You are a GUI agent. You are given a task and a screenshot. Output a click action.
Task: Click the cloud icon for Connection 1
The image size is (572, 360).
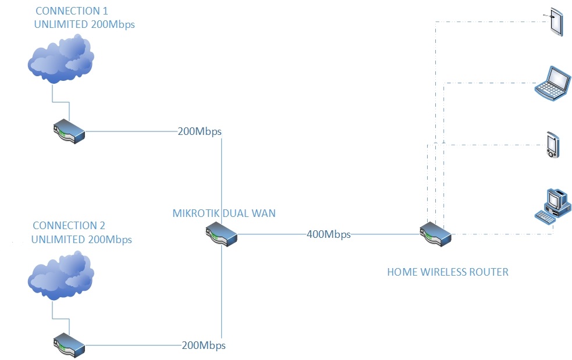(61, 60)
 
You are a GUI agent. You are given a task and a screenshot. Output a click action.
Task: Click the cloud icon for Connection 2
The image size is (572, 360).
(61, 276)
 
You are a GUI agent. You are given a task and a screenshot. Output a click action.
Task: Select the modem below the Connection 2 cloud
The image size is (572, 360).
(69, 345)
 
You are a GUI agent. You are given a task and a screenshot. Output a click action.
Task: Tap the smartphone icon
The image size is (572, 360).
(552, 145)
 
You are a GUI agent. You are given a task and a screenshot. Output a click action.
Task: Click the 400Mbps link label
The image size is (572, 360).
(329, 234)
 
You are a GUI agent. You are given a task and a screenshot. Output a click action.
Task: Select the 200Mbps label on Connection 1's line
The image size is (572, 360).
(200, 131)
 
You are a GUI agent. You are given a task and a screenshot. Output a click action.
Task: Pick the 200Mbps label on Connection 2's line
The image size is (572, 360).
(203, 345)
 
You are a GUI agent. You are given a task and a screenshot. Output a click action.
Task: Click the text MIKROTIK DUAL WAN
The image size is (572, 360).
(224, 213)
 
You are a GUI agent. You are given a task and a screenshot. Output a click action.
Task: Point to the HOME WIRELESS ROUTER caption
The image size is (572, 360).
(447, 272)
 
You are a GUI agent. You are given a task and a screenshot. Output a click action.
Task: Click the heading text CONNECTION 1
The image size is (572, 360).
(72, 11)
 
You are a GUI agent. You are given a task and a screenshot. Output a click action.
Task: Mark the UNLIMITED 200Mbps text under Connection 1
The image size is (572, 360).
(84, 24)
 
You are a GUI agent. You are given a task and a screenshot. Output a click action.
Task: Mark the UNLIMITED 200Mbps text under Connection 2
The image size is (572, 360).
(81, 240)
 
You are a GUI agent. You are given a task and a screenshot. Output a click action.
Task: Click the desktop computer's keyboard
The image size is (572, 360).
(545, 216)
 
